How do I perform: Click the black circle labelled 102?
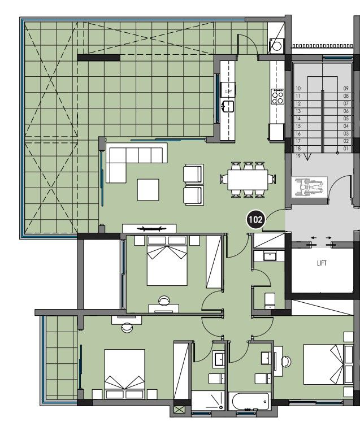[x=255, y=220]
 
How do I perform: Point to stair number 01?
[x=346, y=149]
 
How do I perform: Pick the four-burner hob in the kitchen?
[x=277, y=97]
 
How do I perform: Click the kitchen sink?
[x=228, y=105]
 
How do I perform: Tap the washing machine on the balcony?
[x=277, y=46]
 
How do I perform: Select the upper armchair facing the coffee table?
[x=193, y=173]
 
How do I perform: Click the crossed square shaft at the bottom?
[x=180, y=410]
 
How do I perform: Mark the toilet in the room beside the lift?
[x=270, y=299]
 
